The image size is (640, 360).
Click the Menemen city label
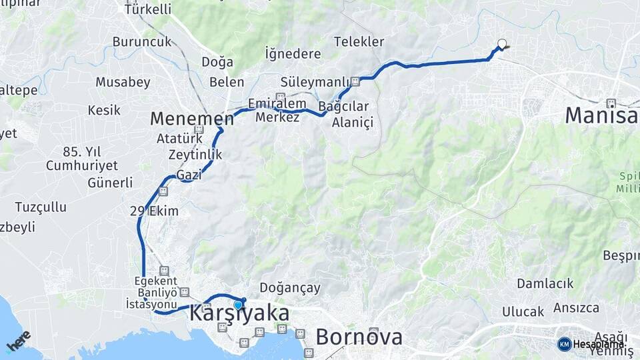pyautogui.click(x=191, y=119)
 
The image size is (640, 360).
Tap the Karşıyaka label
pyautogui.click(x=239, y=314)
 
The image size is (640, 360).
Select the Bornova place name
pyautogui.click(x=359, y=337)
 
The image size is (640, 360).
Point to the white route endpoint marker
pyautogui.click(x=502, y=45)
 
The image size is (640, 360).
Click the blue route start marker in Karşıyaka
pyautogui.click(x=238, y=305)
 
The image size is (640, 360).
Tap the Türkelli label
pyautogui.click(x=147, y=9)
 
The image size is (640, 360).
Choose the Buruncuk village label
pyautogui.click(x=142, y=41)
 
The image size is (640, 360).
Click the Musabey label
pyautogui.click(x=123, y=82)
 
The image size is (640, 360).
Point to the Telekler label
pyautogui.click(x=359, y=41)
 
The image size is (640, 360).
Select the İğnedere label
pyautogui.click(x=293, y=53)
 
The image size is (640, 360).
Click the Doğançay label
pyautogui.click(x=289, y=288)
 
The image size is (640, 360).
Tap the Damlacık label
pyautogui.click(x=545, y=283)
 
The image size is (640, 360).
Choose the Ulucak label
pyautogui.click(x=523, y=311)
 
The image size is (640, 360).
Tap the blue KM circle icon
pyautogui.click(x=564, y=344)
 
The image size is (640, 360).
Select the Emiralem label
pyautogui.click(x=277, y=103)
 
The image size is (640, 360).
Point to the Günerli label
pyautogui.click(x=110, y=183)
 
